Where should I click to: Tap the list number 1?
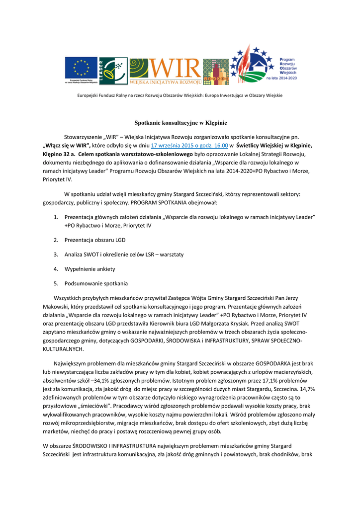(56, 217)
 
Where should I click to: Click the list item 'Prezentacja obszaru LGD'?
(95, 240)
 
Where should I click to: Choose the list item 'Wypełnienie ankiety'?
(90, 269)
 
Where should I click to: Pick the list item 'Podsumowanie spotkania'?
(96, 283)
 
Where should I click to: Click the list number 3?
(56, 254)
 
